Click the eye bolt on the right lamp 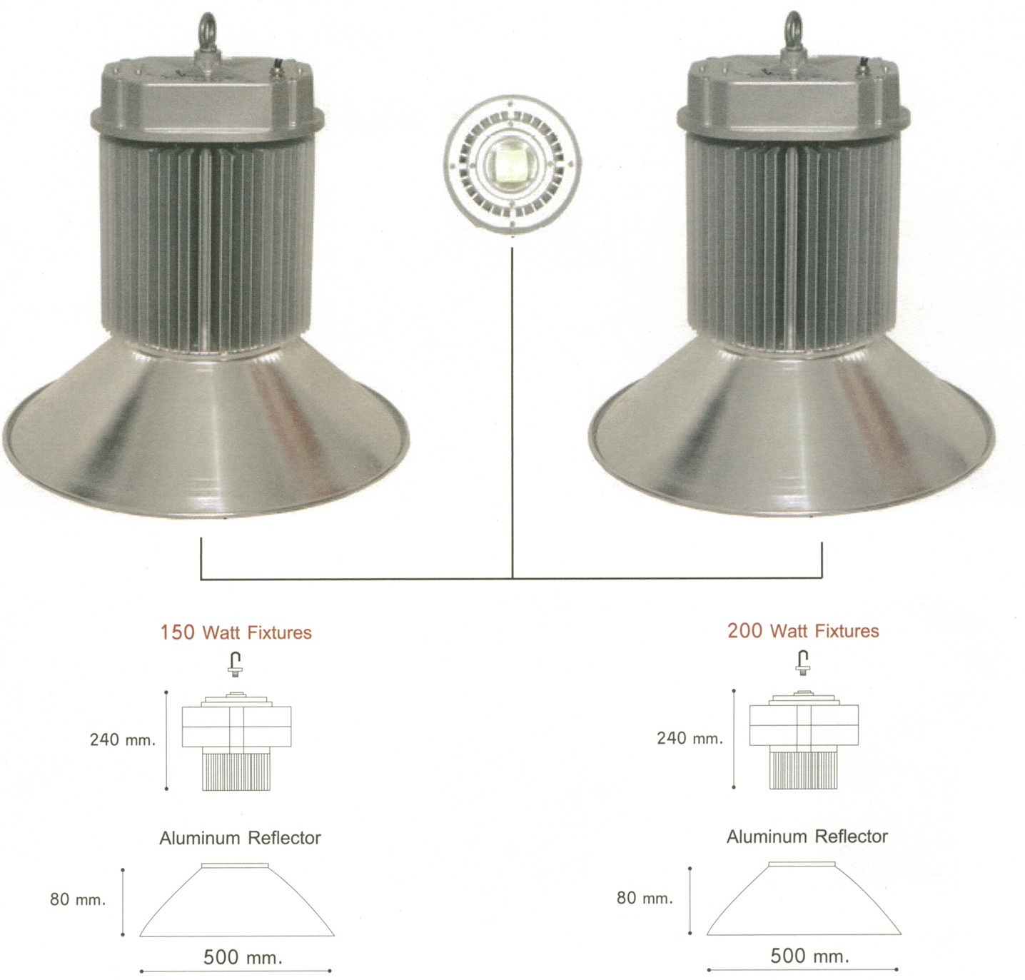tap(794, 31)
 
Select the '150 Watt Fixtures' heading tap(236, 632)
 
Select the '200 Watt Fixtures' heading tap(803, 630)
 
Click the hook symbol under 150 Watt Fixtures tap(234, 664)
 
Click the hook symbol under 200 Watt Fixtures tap(803, 662)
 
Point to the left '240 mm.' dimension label tap(123, 740)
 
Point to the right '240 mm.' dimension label tap(690, 738)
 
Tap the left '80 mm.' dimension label tap(78, 899)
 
